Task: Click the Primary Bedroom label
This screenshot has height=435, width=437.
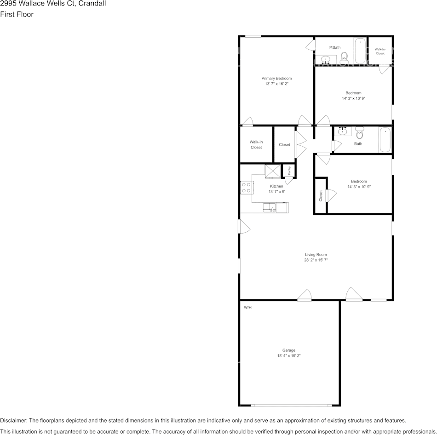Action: tap(276, 78)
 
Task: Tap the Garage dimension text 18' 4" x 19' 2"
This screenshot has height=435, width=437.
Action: tap(289, 355)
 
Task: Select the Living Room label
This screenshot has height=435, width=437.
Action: tap(316, 254)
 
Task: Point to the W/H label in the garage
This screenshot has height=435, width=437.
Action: tap(247, 307)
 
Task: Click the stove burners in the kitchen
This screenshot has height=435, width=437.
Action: tap(246, 188)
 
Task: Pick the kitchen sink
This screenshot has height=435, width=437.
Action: tap(269, 208)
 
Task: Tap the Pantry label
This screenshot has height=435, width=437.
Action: tap(289, 171)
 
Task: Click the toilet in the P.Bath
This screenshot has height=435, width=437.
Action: tap(344, 57)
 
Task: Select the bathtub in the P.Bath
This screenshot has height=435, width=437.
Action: tap(360, 52)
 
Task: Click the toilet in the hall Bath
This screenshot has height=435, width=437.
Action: tap(359, 133)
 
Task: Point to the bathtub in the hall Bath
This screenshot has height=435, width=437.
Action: tap(385, 140)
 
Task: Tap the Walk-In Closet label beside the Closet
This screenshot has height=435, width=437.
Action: tap(256, 144)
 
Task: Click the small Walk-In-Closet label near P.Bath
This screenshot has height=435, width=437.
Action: tap(380, 51)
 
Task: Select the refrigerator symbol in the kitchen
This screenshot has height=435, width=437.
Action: tap(272, 171)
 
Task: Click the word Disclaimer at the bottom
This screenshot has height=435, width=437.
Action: tap(13, 420)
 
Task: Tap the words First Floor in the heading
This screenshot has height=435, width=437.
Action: tap(17, 14)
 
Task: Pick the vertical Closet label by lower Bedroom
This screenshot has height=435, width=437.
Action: tap(321, 196)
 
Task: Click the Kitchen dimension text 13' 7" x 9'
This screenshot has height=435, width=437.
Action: tap(276, 191)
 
